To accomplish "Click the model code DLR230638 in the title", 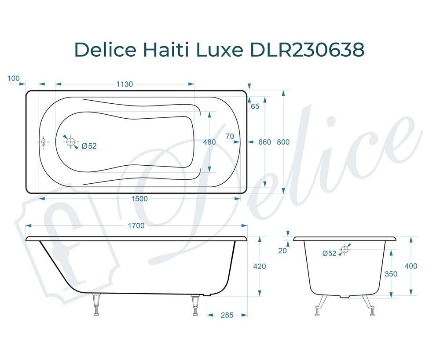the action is pyautogui.click(x=307, y=50).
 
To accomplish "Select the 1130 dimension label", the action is pyautogui.click(x=125, y=84).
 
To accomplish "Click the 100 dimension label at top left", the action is pyautogui.click(x=14, y=78).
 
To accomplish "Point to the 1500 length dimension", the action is pyautogui.click(x=139, y=199).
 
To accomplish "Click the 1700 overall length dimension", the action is pyautogui.click(x=136, y=225).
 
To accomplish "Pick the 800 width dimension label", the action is pyautogui.click(x=283, y=142).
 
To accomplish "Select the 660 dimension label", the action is pyautogui.click(x=264, y=142).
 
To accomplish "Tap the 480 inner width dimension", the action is pyautogui.click(x=209, y=142).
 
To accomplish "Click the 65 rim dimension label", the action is pyautogui.click(x=255, y=106).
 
